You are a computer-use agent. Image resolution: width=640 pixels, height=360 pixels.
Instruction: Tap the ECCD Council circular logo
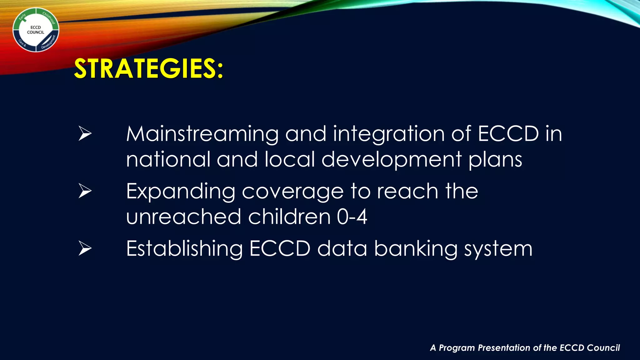tap(36, 30)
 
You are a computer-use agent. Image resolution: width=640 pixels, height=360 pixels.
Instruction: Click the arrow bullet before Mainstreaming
tap(85, 134)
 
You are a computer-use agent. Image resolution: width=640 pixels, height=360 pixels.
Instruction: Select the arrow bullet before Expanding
tap(85, 191)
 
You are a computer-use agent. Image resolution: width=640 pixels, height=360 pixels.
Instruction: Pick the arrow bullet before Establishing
tap(85, 248)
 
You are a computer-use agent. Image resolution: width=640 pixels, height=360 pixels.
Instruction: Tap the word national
tap(168, 159)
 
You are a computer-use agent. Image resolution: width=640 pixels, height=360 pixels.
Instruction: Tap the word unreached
tap(183, 217)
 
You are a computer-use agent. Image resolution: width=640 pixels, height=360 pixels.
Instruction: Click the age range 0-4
tap(352, 217)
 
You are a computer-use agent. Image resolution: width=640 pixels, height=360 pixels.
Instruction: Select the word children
tap(289, 217)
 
